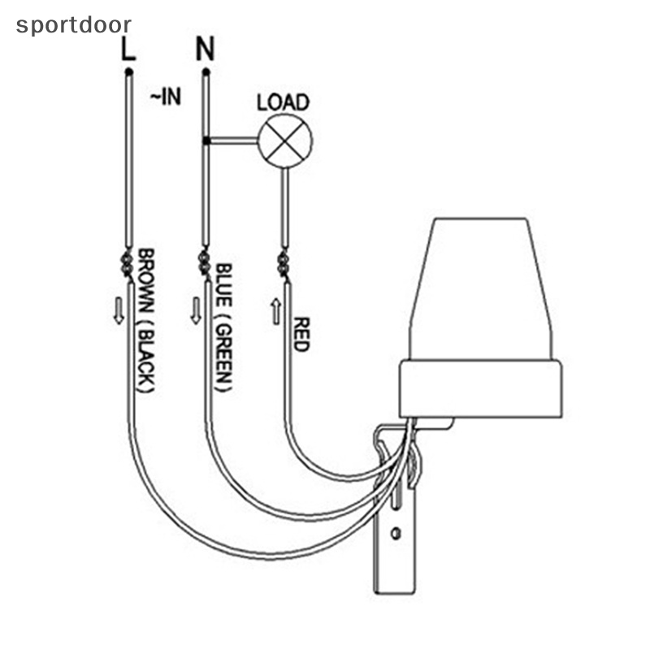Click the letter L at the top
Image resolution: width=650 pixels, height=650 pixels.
[x=128, y=50]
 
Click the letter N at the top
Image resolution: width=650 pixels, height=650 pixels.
[x=205, y=50]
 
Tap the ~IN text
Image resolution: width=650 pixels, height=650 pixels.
[x=165, y=98]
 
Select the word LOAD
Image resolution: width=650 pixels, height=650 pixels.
[x=283, y=102]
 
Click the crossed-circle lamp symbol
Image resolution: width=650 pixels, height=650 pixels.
[x=284, y=141]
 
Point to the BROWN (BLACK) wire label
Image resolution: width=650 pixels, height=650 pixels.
[x=146, y=321]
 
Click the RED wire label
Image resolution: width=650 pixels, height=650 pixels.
[x=301, y=334]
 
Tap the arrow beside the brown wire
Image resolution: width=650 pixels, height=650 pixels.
[x=119, y=310]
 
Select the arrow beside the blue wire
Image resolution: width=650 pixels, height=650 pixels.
[x=195, y=310]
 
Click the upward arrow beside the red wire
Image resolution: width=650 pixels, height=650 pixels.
[x=276, y=310]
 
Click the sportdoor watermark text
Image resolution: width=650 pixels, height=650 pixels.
[x=73, y=25]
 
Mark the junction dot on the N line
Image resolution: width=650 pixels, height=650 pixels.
[x=206, y=141]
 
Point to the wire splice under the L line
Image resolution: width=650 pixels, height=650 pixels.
[x=128, y=263]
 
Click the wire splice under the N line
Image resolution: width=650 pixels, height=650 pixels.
[x=203, y=263]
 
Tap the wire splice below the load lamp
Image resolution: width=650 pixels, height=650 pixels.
[x=283, y=263]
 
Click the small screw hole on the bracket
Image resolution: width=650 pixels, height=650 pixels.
[x=396, y=533]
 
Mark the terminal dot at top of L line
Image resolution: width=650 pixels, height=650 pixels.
[x=128, y=73]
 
